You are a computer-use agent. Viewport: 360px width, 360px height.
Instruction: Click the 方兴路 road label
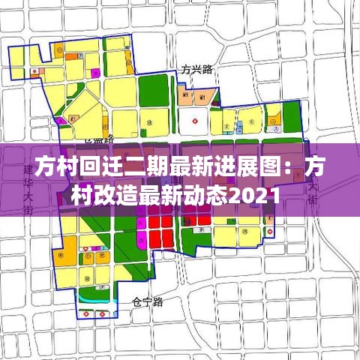click(197, 69)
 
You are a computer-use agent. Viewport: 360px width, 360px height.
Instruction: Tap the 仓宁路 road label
click(147, 302)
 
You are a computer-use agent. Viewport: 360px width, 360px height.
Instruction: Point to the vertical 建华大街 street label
click(29, 191)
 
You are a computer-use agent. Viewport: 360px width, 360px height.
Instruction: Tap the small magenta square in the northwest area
click(95, 72)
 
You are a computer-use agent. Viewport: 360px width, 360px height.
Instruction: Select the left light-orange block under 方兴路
click(184, 96)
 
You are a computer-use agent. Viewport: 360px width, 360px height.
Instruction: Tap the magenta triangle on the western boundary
click(54, 120)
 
